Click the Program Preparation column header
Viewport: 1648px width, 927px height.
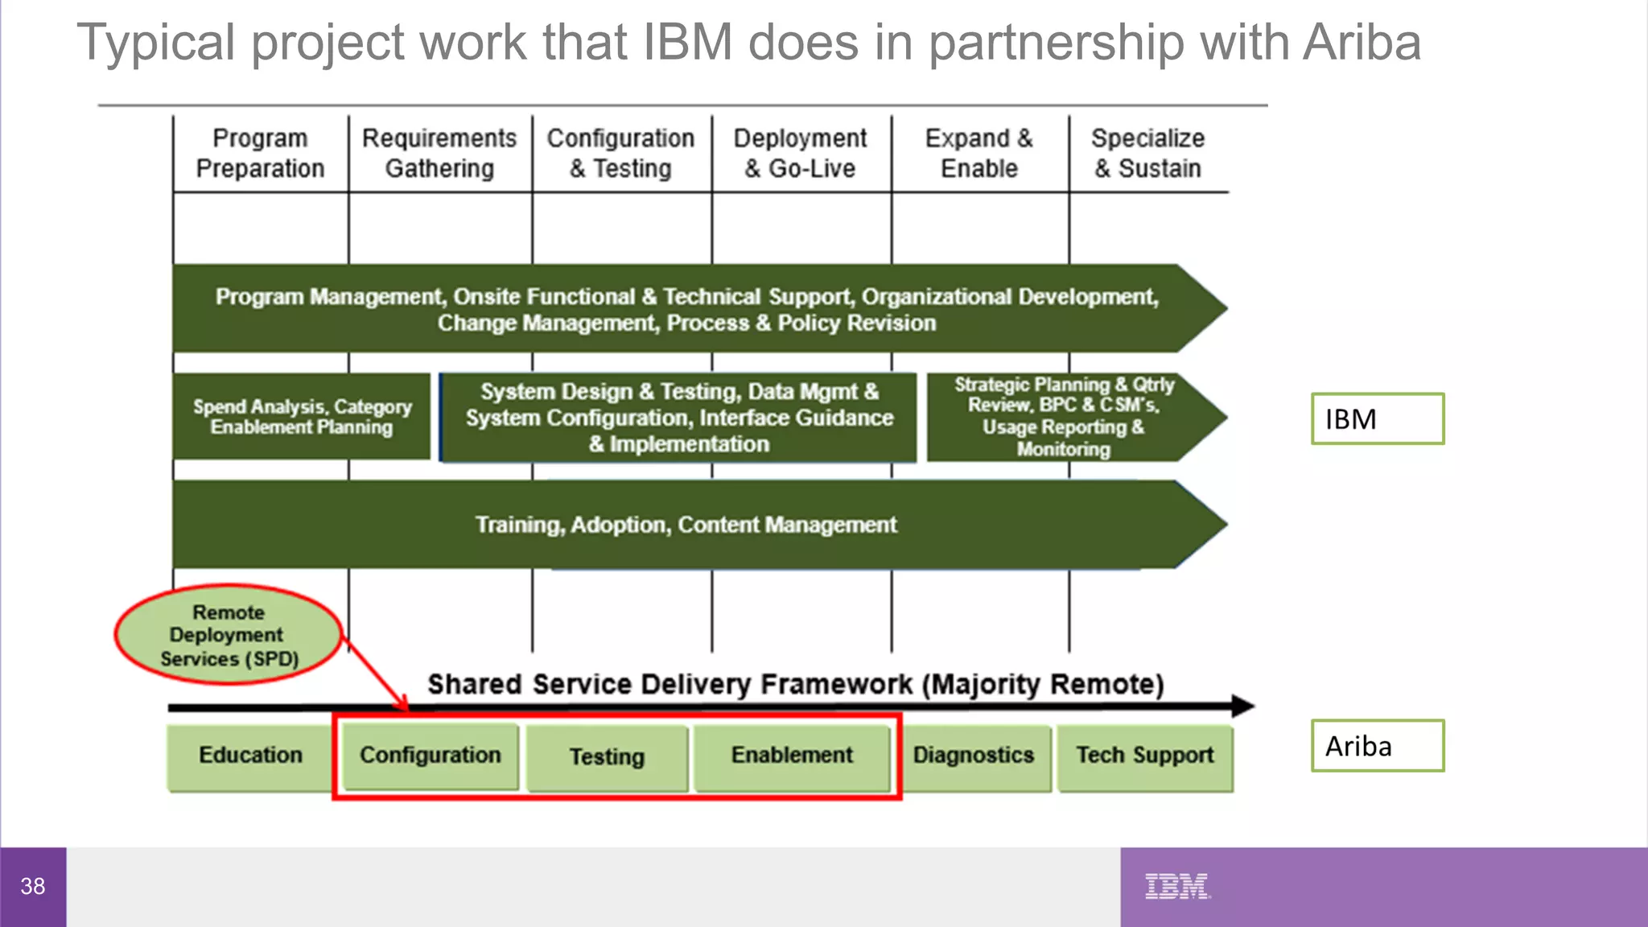pyautogui.click(x=260, y=153)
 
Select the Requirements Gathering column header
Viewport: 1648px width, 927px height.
pyautogui.click(x=439, y=153)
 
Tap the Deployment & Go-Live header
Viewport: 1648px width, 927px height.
pyautogui.click(x=800, y=153)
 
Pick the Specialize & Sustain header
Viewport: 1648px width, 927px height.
pyautogui.click(x=1147, y=153)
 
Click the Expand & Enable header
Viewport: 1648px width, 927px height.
pyautogui.click(x=979, y=153)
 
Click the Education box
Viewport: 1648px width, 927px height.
pyautogui.click(x=250, y=756)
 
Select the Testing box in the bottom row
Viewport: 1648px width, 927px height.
pyautogui.click(x=608, y=757)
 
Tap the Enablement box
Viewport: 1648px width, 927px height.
pyautogui.click(x=792, y=756)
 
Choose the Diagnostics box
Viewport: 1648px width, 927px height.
pyautogui.click(x=974, y=756)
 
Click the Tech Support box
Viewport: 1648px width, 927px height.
pyautogui.click(x=1145, y=756)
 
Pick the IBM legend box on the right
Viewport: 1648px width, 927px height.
pyautogui.click(x=1377, y=419)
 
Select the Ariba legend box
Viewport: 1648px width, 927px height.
pyautogui.click(x=1377, y=746)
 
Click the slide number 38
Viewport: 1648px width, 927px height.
pyautogui.click(x=33, y=887)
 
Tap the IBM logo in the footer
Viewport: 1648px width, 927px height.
pyautogui.click(x=1176, y=886)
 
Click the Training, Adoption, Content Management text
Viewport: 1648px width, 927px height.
pyautogui.click(x=686, y=525)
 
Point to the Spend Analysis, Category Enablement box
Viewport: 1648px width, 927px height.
pyautogui.click(x=302, y=417)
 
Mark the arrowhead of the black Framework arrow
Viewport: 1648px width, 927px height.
pyautogui.click(x=1242, y=707)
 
